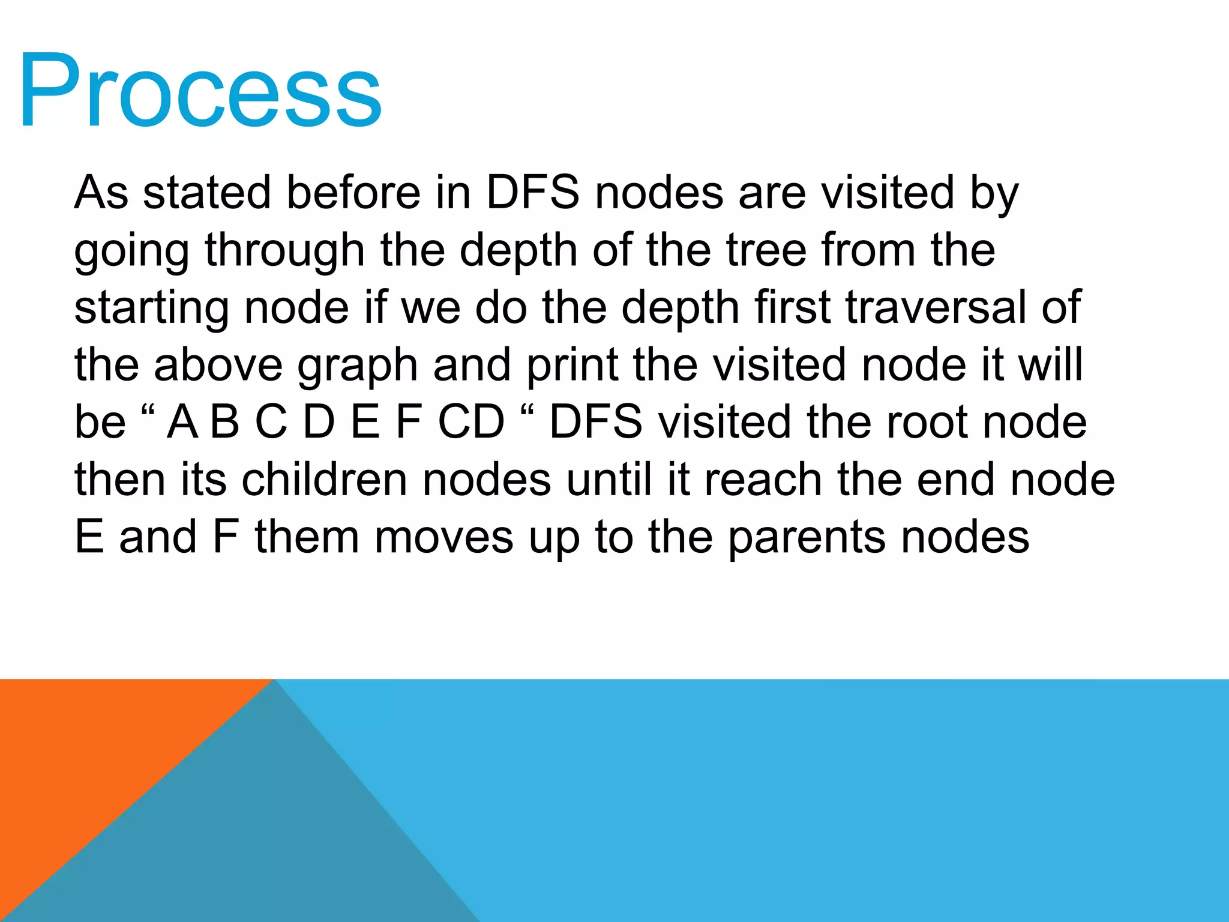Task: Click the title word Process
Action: (x=200, y=91)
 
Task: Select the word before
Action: (x=353, y=193)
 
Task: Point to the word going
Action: (x=131, y=251)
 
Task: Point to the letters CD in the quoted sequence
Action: (x=471, y=422)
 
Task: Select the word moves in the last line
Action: (x=444, y=537)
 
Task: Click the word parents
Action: (x=807, y=538)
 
